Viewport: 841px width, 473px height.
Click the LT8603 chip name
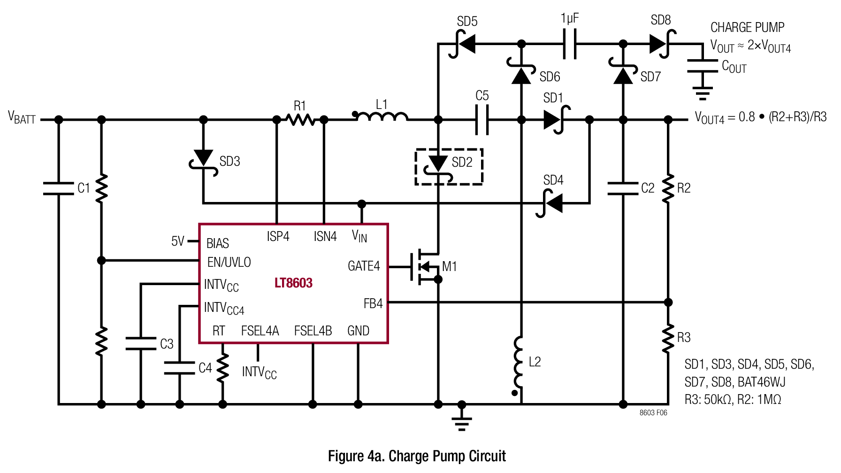tap(293, 283)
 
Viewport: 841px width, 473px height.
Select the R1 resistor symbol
tap(301, 120)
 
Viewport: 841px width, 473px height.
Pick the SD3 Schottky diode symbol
tap(203, 163)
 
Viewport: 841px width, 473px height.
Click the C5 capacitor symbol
tap(482, 120)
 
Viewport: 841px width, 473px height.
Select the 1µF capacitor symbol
tap(570, 44)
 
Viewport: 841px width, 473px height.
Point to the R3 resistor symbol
tap(668, 337)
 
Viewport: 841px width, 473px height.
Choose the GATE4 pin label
tap(364, 266)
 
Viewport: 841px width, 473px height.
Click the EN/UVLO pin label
tap(229, 262)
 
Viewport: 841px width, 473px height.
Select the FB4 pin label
tap(373, 304)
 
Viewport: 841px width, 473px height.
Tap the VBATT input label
tap(22, 117)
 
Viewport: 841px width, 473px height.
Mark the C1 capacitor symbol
tap(59, 188)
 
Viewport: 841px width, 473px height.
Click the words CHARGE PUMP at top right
tap(747, 27)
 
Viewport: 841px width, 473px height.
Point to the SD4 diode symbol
tap(550, 203)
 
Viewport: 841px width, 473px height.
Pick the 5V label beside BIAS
tap(178, 241)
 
